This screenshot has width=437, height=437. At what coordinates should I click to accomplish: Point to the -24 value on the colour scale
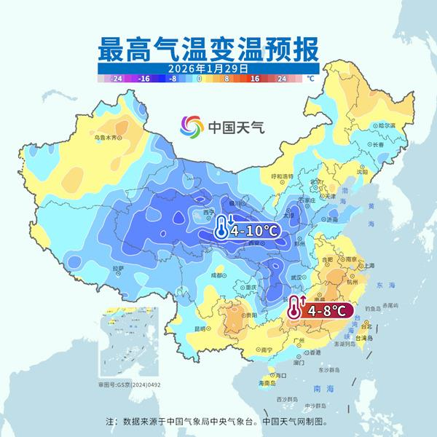[x=116, y=76]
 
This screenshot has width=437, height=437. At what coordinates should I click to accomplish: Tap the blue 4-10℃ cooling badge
[x=248, y=231]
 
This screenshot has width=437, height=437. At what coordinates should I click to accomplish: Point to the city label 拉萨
[x=117, y=269]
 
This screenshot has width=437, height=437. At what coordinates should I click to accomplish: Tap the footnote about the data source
[x=218, y=421]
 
